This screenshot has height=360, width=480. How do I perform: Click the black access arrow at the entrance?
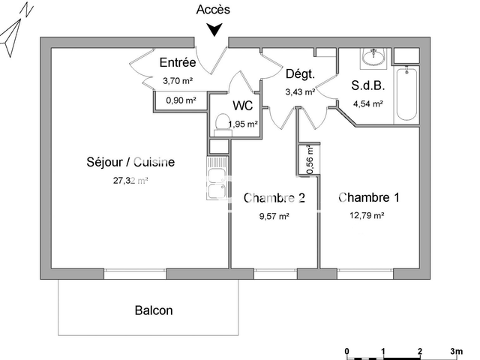point(214,29)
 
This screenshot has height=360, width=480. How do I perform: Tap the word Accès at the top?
point(214,10)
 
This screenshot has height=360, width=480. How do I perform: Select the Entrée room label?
point(178,63)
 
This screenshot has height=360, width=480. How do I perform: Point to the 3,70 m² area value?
point(178,79)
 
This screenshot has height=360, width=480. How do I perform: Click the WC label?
point(243,106)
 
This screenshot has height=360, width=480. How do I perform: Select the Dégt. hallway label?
point(298,74)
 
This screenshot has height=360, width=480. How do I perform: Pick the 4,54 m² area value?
point(367,104)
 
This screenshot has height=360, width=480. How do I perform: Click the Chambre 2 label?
point(274,198)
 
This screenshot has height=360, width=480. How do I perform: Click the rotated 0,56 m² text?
point(310,160)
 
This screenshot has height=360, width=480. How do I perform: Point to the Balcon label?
point(154,310)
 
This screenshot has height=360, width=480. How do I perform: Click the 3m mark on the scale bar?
point(455,350)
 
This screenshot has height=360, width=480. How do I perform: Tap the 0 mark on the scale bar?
point(346,350)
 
